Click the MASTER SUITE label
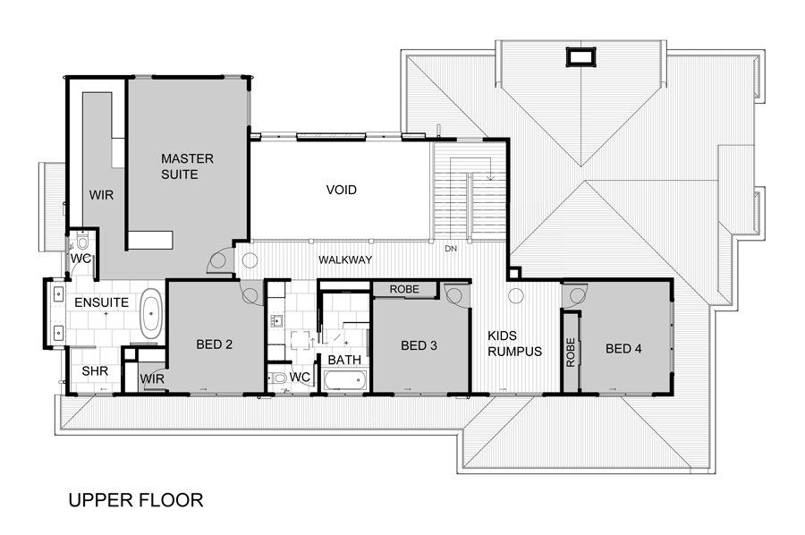(187, 166)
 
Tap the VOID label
(342, 190)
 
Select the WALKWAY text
(345, 259)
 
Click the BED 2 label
(214, 344)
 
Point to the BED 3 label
(419, 345)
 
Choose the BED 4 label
(623, 349)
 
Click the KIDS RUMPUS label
(514, 344)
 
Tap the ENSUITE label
(102, 302)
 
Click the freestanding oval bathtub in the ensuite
(151, 313)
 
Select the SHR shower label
(95, 370)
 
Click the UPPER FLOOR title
(136, 499)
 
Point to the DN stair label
(451, 249)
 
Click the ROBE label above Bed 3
(404, 289)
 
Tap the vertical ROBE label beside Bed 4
(571, 352)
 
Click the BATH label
(344, 360)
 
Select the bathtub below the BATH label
(345, 380)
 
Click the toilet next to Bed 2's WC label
(277, 378)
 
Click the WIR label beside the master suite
(101, 196)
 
